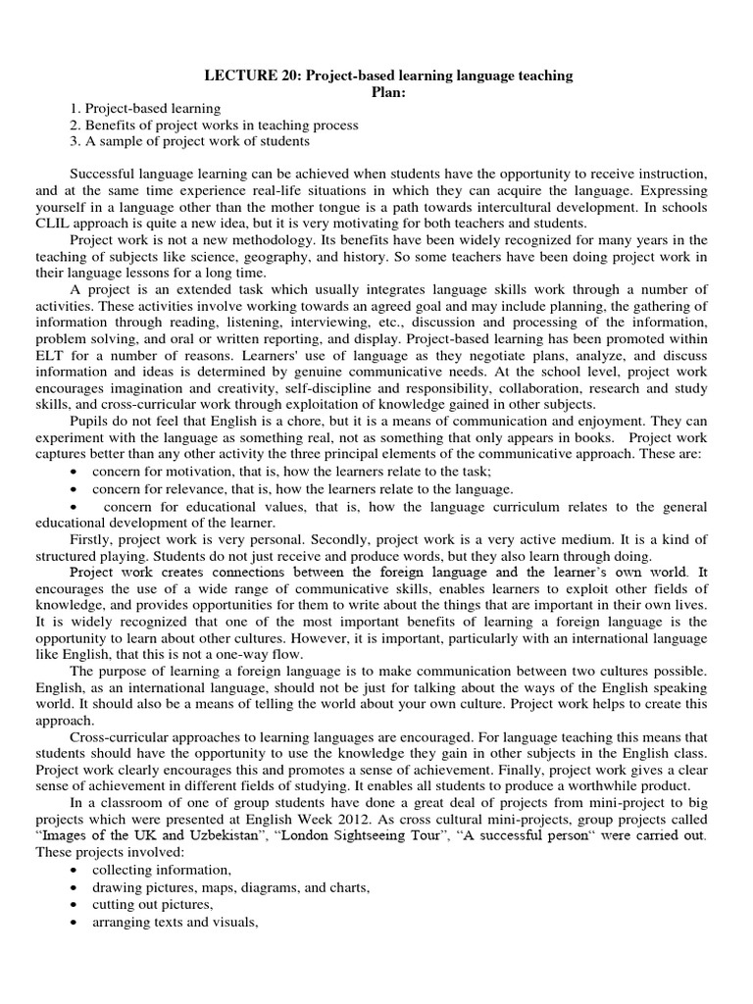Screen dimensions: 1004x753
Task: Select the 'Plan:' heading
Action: point(387,91)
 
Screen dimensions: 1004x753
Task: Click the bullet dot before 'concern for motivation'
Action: point(75,472)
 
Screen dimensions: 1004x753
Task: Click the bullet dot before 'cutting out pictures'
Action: point(75,904)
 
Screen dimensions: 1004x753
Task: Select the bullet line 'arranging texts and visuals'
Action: point(175,921)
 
